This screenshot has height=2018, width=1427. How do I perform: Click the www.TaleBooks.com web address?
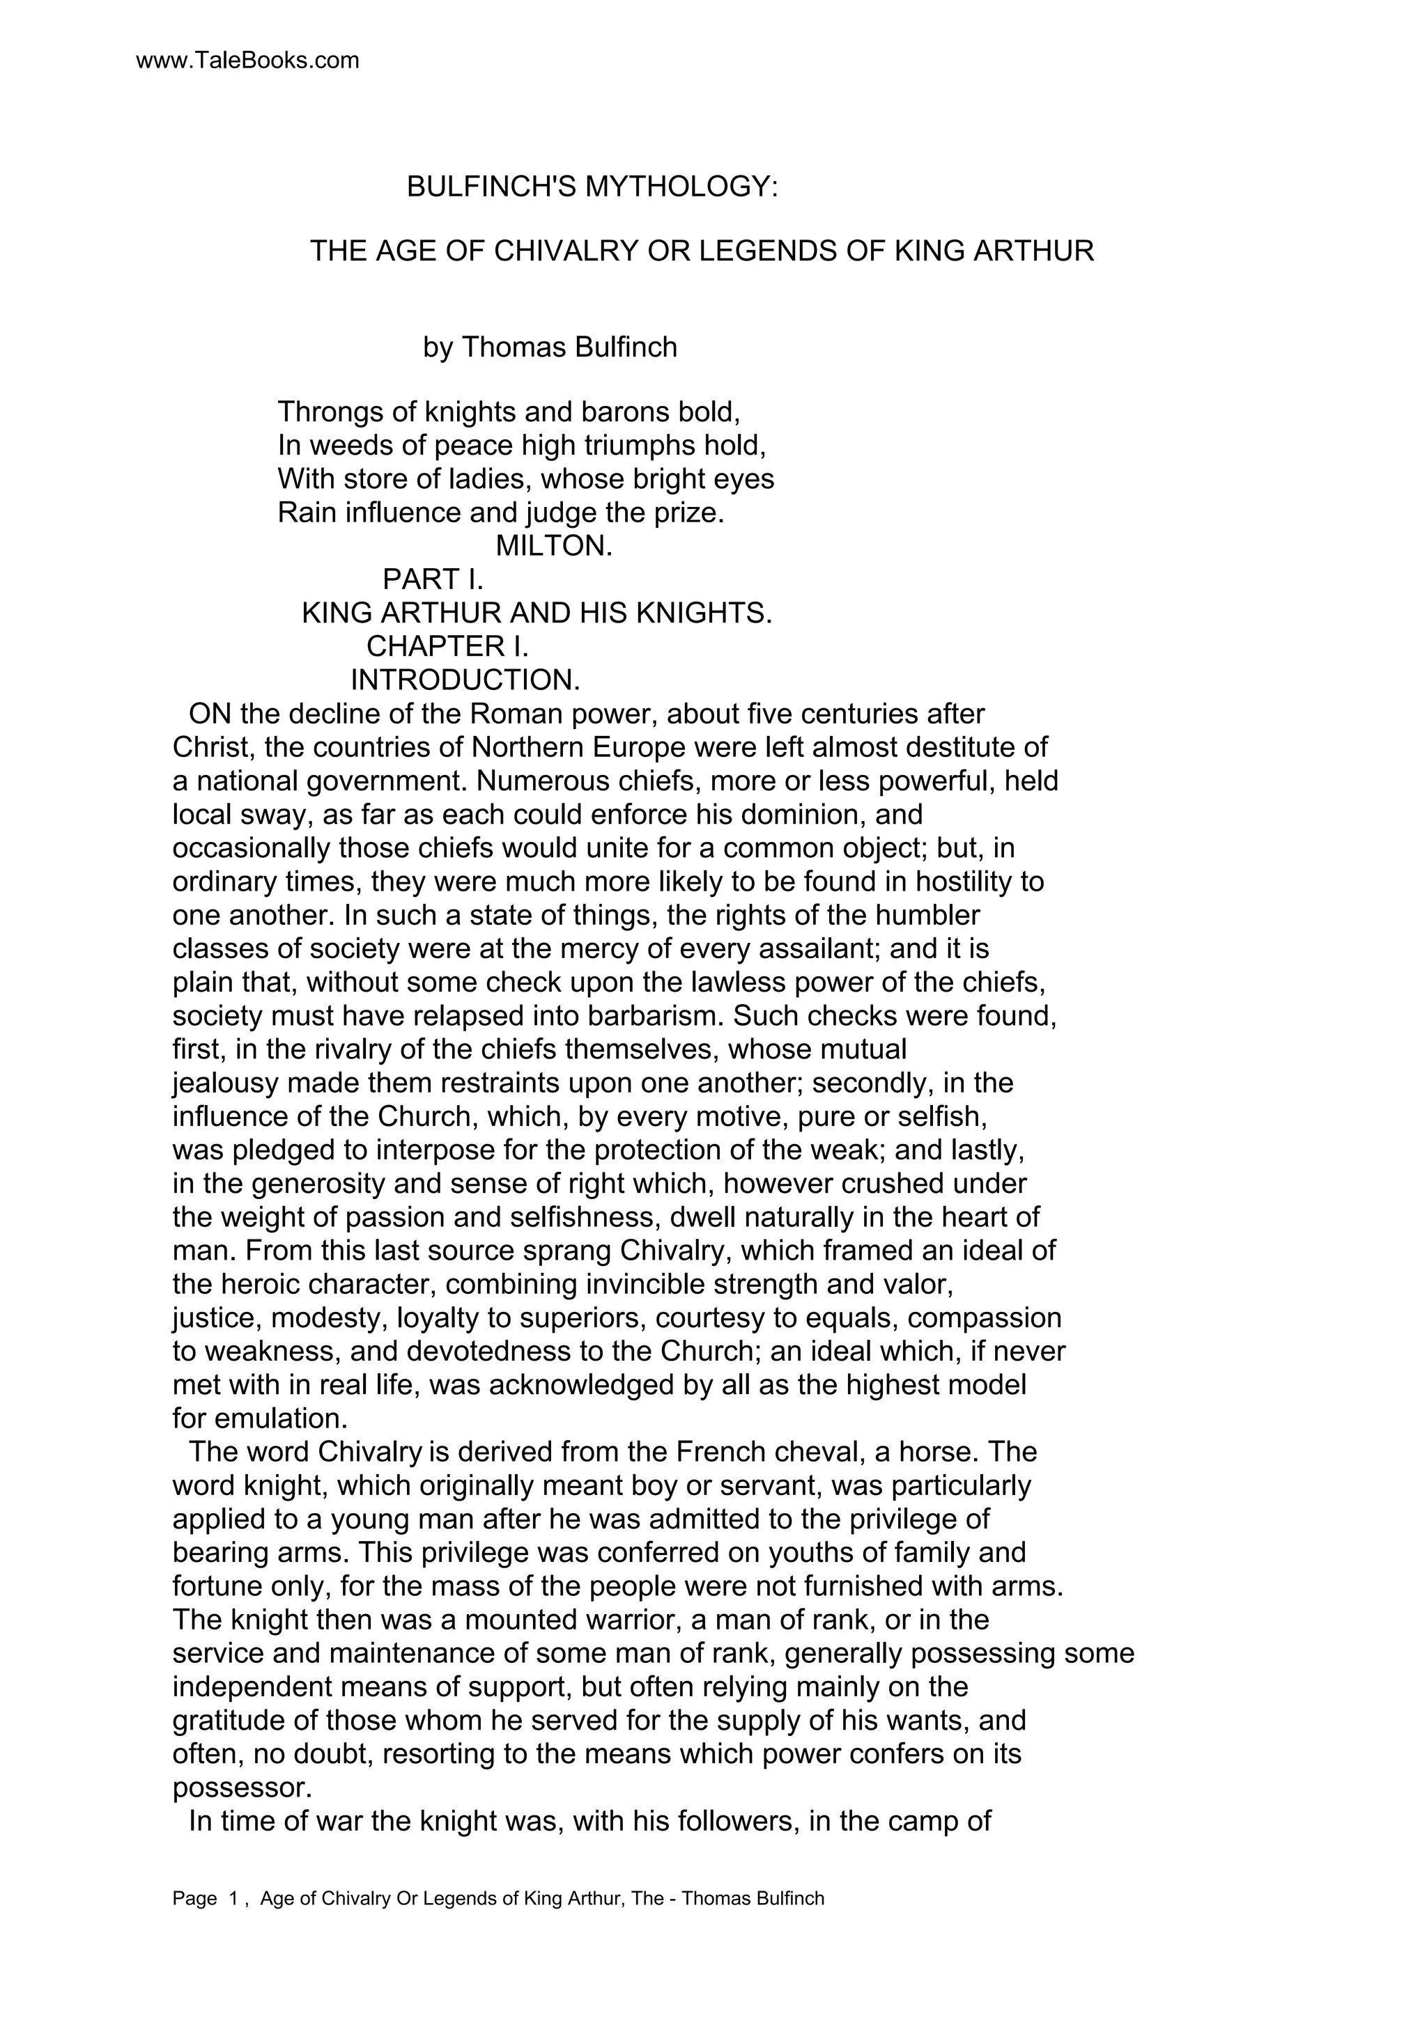pos(248,61)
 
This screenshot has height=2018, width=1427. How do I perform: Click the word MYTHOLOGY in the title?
pos(682,187)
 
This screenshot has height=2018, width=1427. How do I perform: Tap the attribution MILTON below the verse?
pos(553,546)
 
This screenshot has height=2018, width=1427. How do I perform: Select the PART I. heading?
pos(433,579)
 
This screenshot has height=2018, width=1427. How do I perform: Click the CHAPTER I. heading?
pos(447,646)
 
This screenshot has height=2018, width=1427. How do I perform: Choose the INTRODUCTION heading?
pos(465,680)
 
